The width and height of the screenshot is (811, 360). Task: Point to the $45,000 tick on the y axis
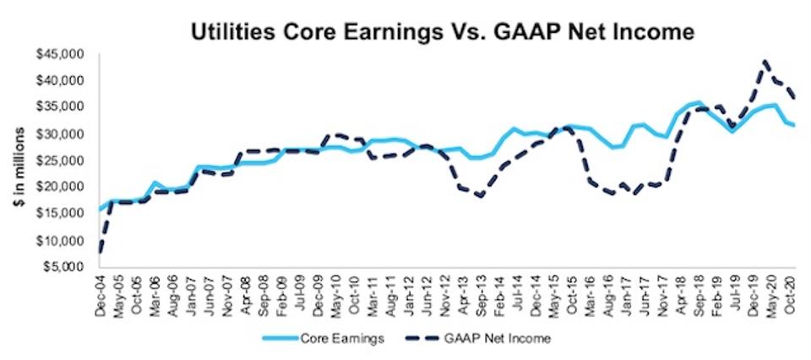click(60, 54)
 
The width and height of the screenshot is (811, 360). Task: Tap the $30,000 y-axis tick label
click(60, 134)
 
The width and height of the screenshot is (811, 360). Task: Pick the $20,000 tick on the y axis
click(60, 188)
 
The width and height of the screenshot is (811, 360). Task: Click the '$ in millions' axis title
click(20, 161)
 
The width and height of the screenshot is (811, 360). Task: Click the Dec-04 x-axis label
click(103, 297)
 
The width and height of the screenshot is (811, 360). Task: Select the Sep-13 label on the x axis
click(482, 297)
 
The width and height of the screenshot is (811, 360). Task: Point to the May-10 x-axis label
click(337, 297)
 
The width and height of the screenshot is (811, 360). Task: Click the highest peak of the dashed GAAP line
click(765, 61)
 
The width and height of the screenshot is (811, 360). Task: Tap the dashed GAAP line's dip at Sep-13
click(481, 196)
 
